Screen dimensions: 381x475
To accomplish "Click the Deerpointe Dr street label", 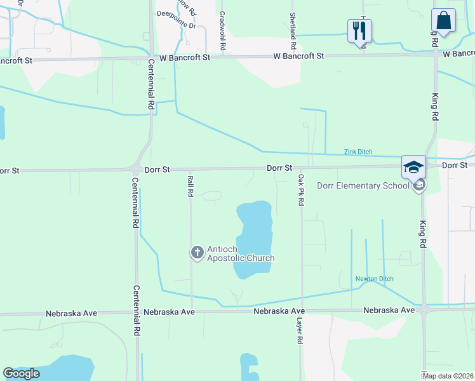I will click(x=176, y=26).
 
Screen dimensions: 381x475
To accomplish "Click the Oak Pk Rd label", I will click(x=301, y=190).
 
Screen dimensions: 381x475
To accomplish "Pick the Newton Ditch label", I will click(x=374, y=279).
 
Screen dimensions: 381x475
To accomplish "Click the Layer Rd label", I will click(x=299, y=331).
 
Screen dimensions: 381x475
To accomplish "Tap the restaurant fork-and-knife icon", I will click(x=359, y=29).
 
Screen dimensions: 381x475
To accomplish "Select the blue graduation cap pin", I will click(x=413, y=167).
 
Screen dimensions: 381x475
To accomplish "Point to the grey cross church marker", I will click(x=197, y=253).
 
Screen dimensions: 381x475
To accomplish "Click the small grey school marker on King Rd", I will click(x=418, y=185).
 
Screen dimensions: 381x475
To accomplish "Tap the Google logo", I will click(x=22, y=373).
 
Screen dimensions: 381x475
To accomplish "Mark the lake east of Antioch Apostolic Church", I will click(x=253, y=238).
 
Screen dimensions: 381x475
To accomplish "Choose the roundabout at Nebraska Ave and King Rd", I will click(x=424, y=310).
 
